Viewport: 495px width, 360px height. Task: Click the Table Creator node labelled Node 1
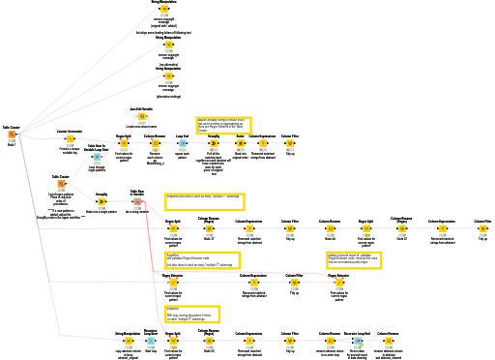coord(11,135)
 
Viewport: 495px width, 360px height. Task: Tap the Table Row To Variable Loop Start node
coord(97,157)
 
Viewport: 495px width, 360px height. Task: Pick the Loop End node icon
coord(182,144)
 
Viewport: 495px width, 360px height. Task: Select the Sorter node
coord(241,144)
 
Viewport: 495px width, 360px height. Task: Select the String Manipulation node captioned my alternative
coord(168,45)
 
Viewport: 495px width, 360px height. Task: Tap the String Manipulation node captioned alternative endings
coord(168,77)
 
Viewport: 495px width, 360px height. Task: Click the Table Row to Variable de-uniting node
coord(137,201)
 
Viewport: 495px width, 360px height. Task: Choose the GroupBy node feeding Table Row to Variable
coord(101,202)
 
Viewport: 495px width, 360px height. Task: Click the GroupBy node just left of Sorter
coord(214,144)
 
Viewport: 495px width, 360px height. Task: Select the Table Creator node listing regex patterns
coord(60,184)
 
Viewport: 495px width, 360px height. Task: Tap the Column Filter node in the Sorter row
coord(289,144)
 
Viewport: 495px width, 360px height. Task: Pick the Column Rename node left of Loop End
coord(154,144)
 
